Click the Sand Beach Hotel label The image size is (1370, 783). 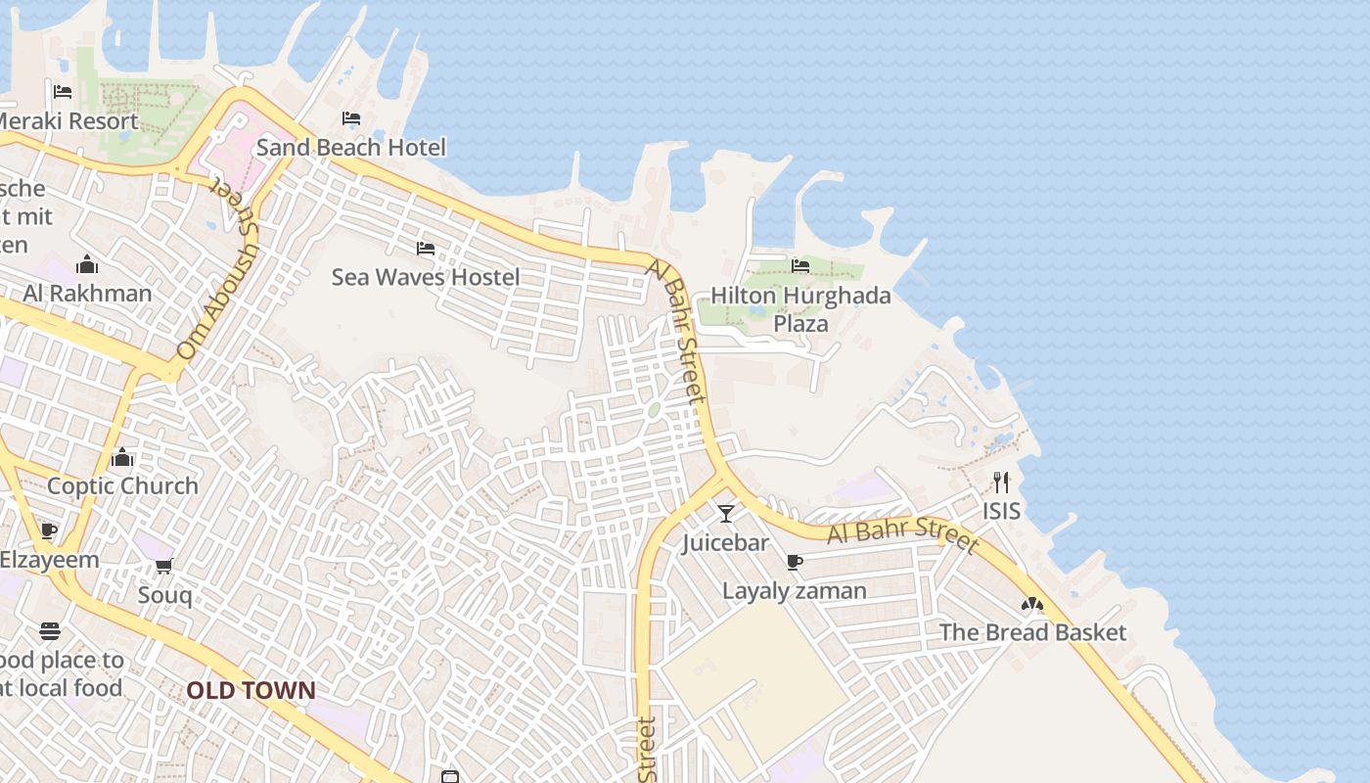(350, 148)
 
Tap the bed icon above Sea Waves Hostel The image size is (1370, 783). (426, 249)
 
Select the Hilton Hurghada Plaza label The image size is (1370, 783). (800, 309)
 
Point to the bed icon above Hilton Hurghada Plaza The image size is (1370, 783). (800, 265)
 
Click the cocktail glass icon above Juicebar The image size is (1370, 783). (725, 514)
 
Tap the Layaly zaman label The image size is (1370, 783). (794, 591)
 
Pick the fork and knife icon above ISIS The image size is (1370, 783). (1000, 483)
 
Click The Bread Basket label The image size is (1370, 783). (1032, 632)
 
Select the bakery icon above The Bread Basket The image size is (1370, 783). (1032, 605)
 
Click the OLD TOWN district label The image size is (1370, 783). (251, 691)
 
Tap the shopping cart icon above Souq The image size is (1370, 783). (163, 567)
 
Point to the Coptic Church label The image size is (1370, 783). (122, 485)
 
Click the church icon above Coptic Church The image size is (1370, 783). (122, 457)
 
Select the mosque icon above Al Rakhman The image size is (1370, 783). (87, 265)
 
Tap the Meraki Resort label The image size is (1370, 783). (67, 121)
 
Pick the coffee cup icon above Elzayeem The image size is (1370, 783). (49, 531)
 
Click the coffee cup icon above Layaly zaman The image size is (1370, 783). (794, 563)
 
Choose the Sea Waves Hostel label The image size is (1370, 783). (426, 277)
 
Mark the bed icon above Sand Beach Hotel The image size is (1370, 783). (351, 119)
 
